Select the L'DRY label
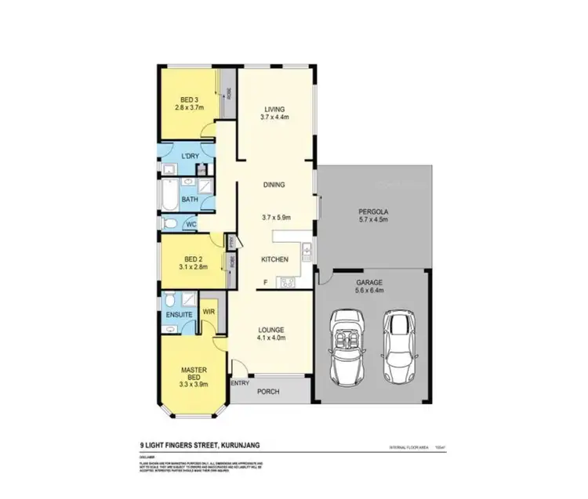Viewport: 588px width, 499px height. click(189, 157)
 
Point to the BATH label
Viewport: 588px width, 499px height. click(190, 199)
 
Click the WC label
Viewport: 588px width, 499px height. click(191, 224)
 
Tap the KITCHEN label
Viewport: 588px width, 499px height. click(275, 259)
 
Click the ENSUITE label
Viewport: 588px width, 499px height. click(180, 315)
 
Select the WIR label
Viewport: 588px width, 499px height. click(209, 311)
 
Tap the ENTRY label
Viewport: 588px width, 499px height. click(239, 383)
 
